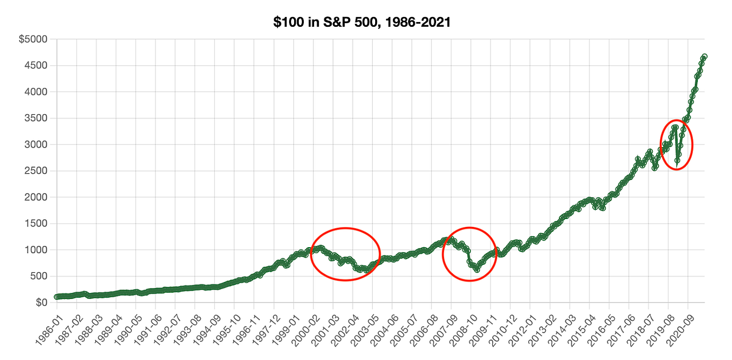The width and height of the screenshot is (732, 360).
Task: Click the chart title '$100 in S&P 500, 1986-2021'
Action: [x=365, y=23]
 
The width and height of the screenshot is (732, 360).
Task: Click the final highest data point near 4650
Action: [x=705, y=57]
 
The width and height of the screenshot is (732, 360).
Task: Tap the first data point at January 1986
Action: [x=57, y=297]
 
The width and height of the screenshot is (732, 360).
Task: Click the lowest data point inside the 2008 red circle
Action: [x=477, y=269]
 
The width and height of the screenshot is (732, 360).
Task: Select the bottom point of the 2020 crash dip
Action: [x=677, y=160]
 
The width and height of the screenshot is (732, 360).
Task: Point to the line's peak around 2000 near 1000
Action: [x=320, y=247]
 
